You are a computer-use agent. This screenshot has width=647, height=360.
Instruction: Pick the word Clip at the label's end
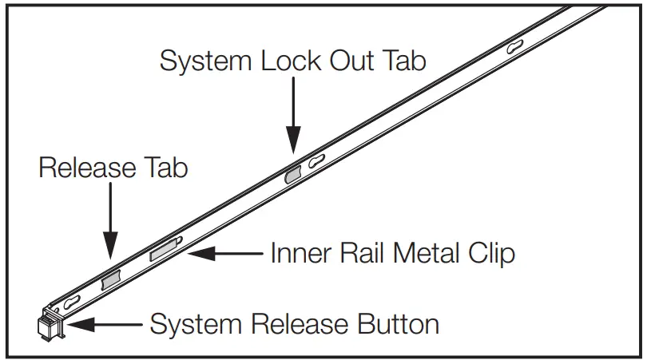(490, 254)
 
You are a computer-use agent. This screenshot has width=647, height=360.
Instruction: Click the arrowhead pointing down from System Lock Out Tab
(293, 144)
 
